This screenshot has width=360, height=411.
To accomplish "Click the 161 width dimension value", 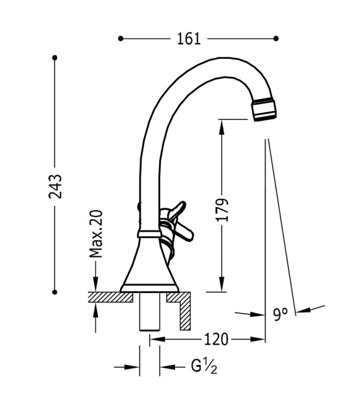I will click(x=189, y=39).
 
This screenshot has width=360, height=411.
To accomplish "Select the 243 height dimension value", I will click(x=56, y=186).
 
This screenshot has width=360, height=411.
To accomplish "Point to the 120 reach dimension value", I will click(x=215, y=340).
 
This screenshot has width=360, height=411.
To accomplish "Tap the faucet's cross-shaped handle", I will click(x=174, y=221).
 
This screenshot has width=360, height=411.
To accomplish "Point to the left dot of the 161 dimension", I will click(x=121, y=39).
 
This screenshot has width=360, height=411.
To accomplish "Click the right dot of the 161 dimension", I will click(x=275, y=39).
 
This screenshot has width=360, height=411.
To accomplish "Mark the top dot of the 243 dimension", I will click(x=55, y=58).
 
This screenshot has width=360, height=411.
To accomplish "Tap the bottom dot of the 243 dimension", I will click(x=55, y=292).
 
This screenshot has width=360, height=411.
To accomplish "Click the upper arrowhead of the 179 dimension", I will click(x=222, y=124).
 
